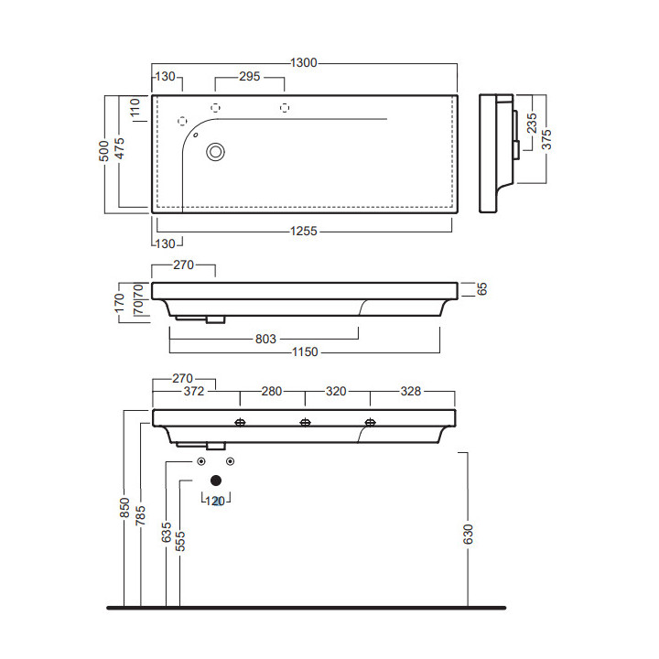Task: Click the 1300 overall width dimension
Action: click(x=303, y=63)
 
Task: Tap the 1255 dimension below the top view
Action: click(x=303, y=232)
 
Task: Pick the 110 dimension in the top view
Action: click(x=135, y=112)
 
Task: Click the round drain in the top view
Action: click(x=216, y=152)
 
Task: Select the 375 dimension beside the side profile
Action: click(x=546, y=138)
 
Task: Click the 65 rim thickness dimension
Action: click(x=481, y=289)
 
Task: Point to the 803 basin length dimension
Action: click(x=265, y=339)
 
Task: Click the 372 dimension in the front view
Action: click(x=193, y=392)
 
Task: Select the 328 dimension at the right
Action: click(x=410, y=392)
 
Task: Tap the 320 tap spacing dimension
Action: click(x=336, y=392)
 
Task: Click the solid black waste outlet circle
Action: click(x=216, y=480)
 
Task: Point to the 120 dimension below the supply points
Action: click(x=216, y=501)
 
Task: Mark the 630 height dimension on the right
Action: click(x=469, y=533)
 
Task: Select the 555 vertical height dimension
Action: click(x=180, y=540)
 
